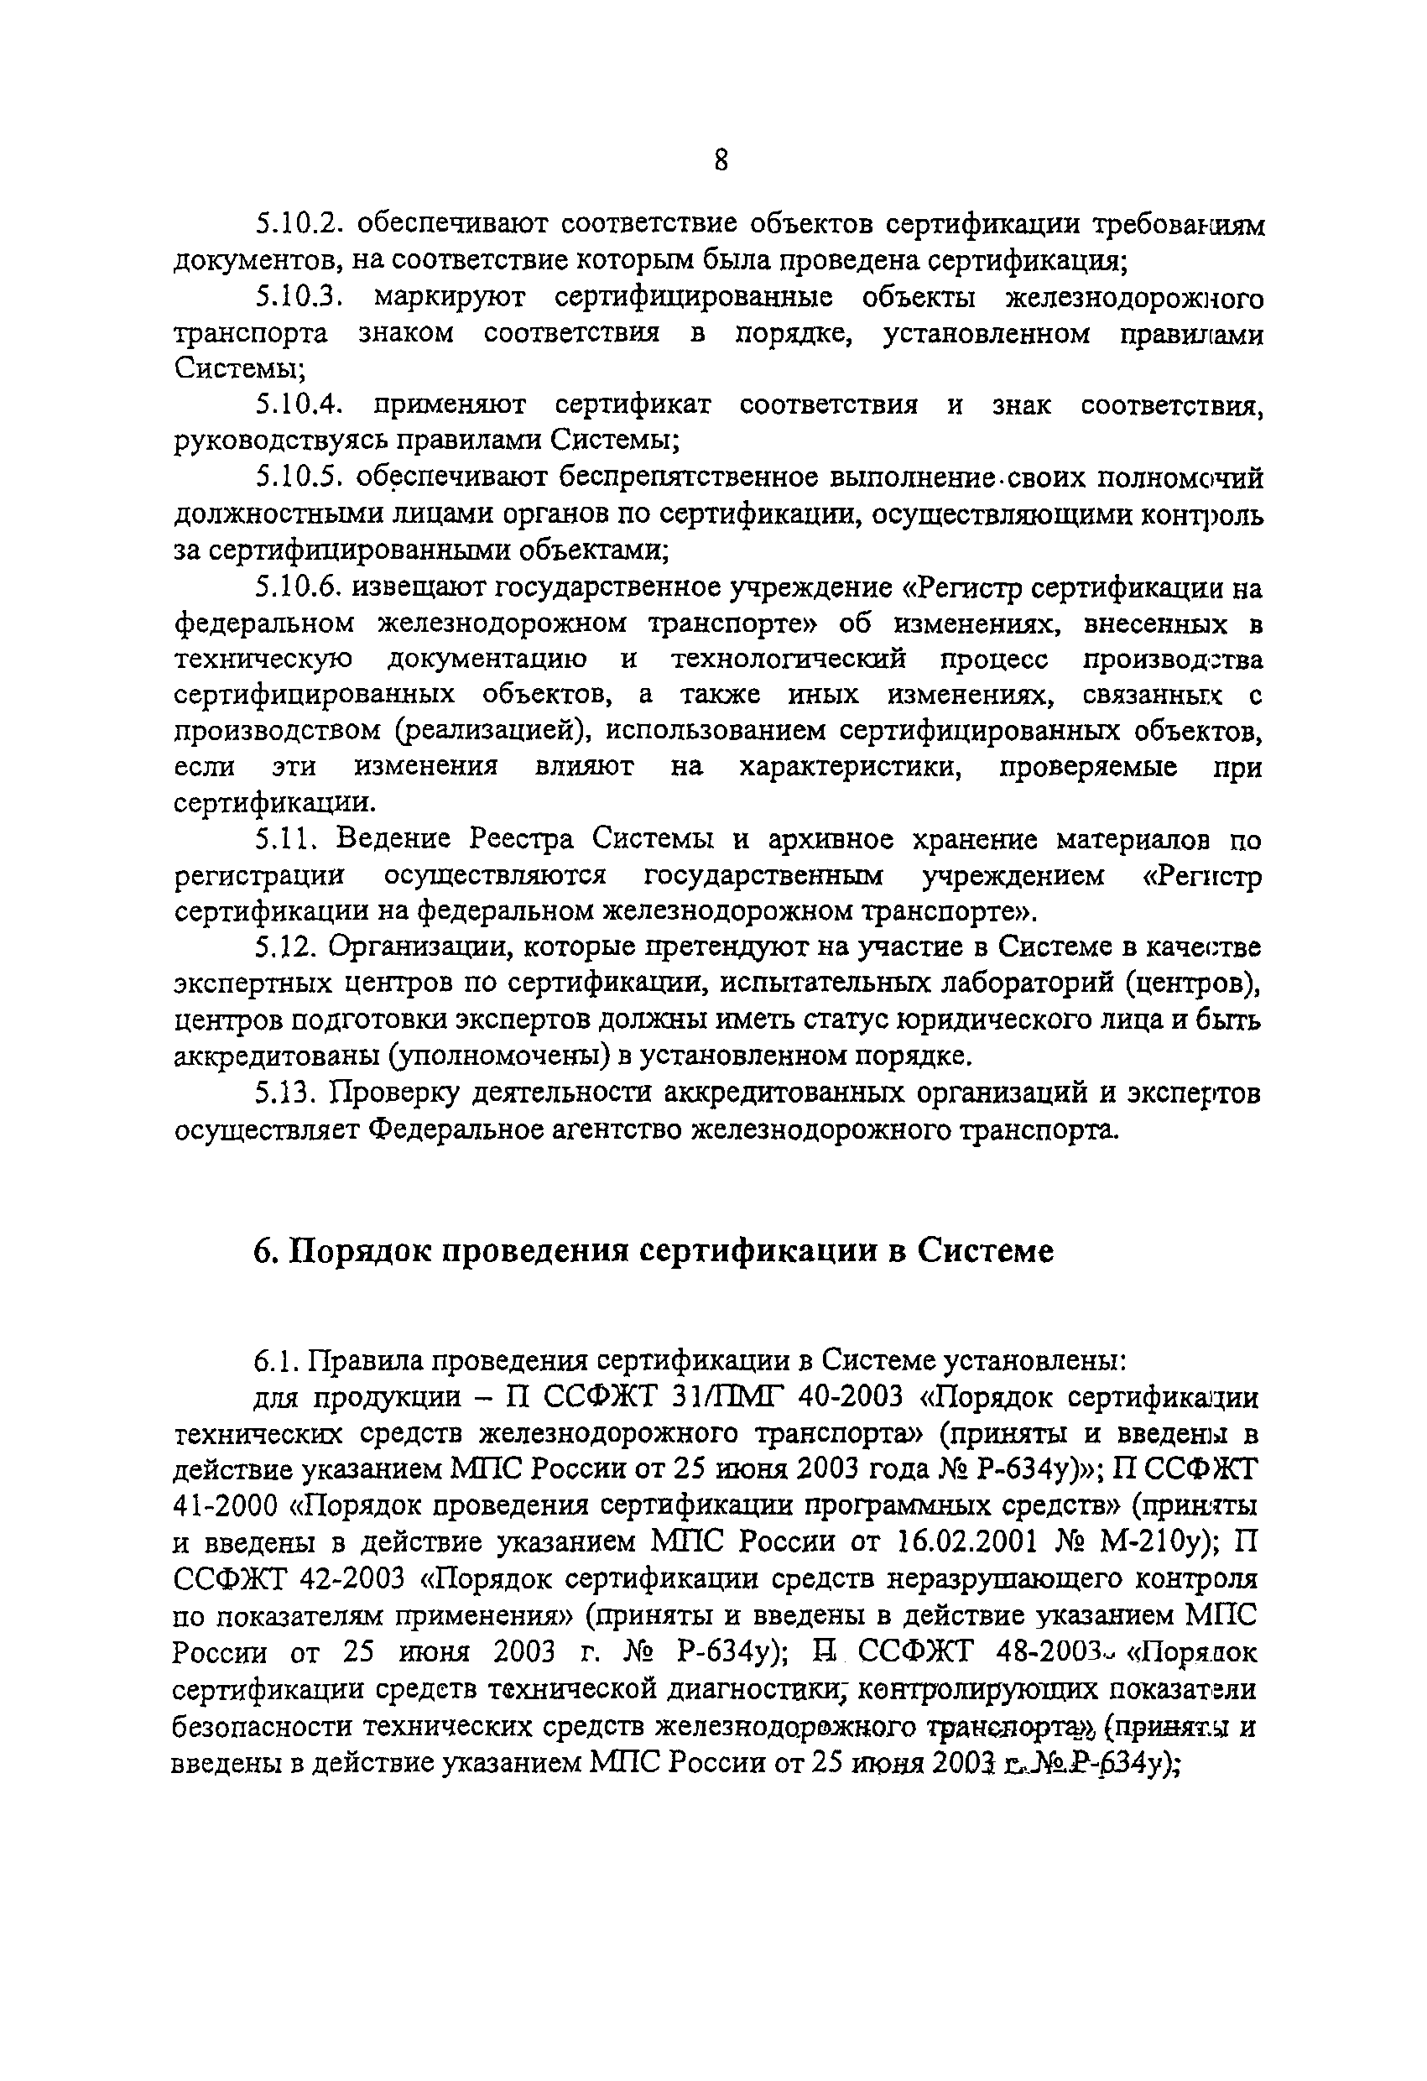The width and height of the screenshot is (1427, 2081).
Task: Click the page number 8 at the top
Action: (721, 160)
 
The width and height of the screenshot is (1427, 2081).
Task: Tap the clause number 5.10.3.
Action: (301, 296)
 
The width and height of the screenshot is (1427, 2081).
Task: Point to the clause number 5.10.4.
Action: (301, 404)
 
